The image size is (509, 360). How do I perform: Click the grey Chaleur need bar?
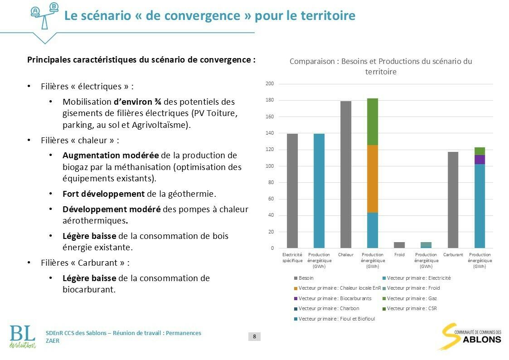[x=346, y=175]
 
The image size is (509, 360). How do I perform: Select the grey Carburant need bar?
[x=453, y=200]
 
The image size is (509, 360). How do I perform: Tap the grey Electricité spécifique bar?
[x=292, y=191]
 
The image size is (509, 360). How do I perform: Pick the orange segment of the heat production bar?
[x=372, y=179]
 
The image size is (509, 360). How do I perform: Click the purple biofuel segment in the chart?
[x=480, y=160]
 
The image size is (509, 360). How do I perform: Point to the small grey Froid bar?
[x=399, y=245]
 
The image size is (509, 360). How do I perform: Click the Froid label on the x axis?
[x=399, y=255]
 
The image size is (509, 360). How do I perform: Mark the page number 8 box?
[x=254, y=336]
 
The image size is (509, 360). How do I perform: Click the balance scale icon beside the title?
[x=44, y=15]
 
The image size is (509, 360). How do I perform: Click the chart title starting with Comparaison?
[x=381, y=66]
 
